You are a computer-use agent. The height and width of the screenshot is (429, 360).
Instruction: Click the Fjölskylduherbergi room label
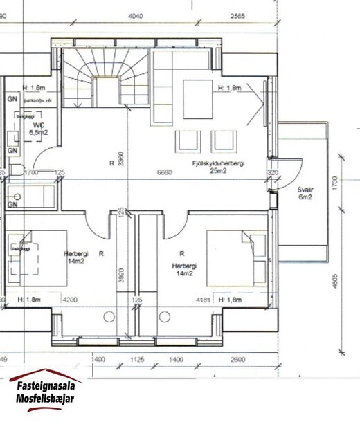tap(220, 163)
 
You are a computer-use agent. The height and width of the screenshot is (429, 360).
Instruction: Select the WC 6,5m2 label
tap(37, 128)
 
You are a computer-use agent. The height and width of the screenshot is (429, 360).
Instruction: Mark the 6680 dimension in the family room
tap(164, 171)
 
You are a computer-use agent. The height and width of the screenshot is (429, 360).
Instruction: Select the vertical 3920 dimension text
tap(122, 277)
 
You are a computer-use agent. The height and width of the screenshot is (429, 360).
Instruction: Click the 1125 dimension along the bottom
tap(137, 360)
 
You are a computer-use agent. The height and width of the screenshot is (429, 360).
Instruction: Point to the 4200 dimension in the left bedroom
tap(71, 300)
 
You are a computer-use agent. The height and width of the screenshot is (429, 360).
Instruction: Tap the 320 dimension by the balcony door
tap(272, 173)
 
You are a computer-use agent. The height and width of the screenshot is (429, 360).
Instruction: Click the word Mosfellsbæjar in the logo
tap(46, 399)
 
